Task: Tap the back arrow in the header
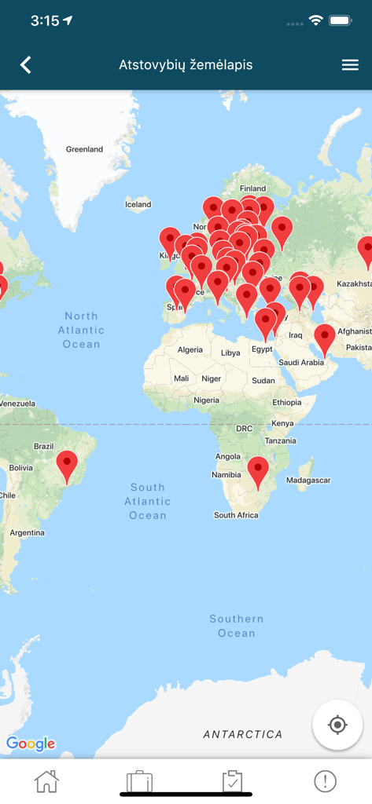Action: click(x=26, y=64)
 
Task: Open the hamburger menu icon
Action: click(x=350, y=65)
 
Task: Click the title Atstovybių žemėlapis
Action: click(x=186, y=65)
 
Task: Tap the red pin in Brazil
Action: click(x=68, y=464)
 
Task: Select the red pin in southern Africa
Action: click(x=258, y=470)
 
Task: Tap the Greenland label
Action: click(x=84, y=149)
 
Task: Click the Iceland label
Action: click(x=138, y=204)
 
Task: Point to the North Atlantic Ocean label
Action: click(x=82, y=330)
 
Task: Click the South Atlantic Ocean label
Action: click(x=147, y=501)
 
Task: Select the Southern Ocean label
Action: click(x=237, y=626)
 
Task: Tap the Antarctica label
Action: click(x=242, y=734)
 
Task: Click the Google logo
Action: click(x=31, y=743)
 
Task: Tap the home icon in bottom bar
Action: click(x=46, y=781)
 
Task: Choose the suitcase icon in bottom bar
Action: click(x=139, y=781)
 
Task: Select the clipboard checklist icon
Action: click(x=232, y=781)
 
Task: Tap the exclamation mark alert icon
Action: click(x=325, y=781)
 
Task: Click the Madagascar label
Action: click(x=308, y=480)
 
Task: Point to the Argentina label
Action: click(x=27, y=532)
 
